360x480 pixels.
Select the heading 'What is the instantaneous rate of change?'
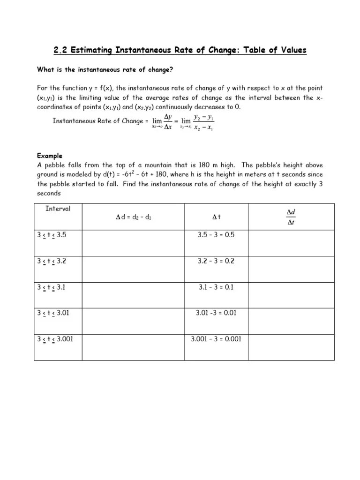tap(105, 69)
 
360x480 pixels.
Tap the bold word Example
tap(50, 156)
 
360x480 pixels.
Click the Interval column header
tap(58, 209)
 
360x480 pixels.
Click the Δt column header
tap(216, 217)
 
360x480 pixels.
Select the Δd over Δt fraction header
tap(291, 217)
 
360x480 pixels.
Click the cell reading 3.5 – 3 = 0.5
tap(216, 235)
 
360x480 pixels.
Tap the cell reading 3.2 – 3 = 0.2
tap(216, 261)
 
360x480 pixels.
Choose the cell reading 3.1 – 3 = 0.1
tap(216, 287)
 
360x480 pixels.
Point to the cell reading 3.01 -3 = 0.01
tap(216, 313)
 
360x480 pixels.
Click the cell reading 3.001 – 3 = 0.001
tap(216, 339)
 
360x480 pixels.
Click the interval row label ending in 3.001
tap(55, 339)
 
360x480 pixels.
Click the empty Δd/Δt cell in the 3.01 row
tap(291, 320)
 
